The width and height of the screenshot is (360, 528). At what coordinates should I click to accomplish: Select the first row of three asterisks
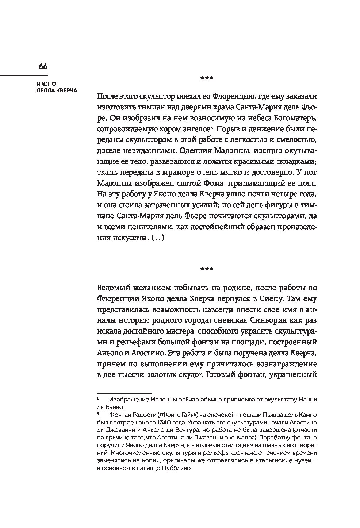point(207,78)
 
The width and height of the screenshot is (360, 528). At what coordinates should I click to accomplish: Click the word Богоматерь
point(292,118)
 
